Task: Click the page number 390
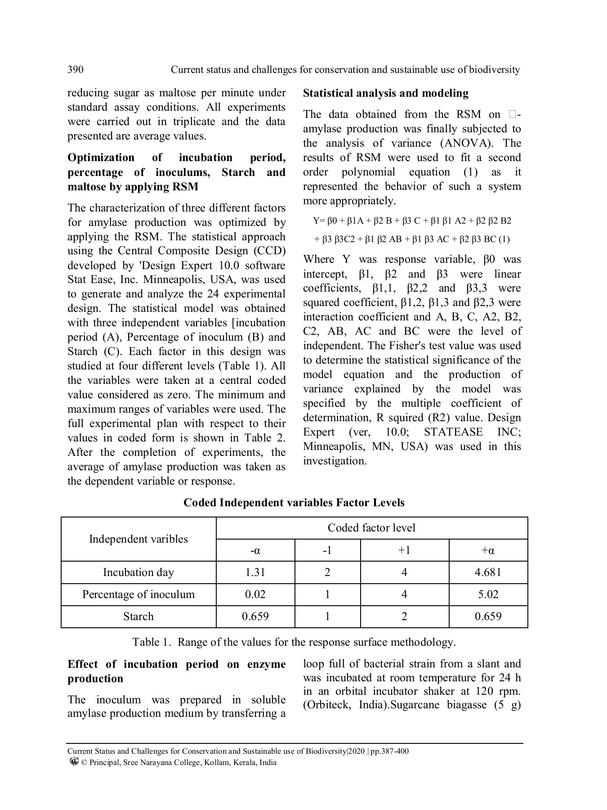[75, 70]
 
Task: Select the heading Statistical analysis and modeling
[385, 93]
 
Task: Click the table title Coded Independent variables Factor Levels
[294, 503]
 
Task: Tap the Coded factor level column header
[371, 528]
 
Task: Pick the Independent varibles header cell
[138, 539]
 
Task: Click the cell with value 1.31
[255, 572]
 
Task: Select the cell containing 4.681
[488, 572]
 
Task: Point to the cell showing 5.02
[488, 594]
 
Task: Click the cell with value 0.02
[255, 594]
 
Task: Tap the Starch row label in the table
[138, 616]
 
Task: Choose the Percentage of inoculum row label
[138, 594]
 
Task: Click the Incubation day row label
[138, 572]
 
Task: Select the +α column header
[488, 550]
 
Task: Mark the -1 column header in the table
[327, 550]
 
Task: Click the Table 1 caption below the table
[294, 642]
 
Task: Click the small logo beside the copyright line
[74, 762]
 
